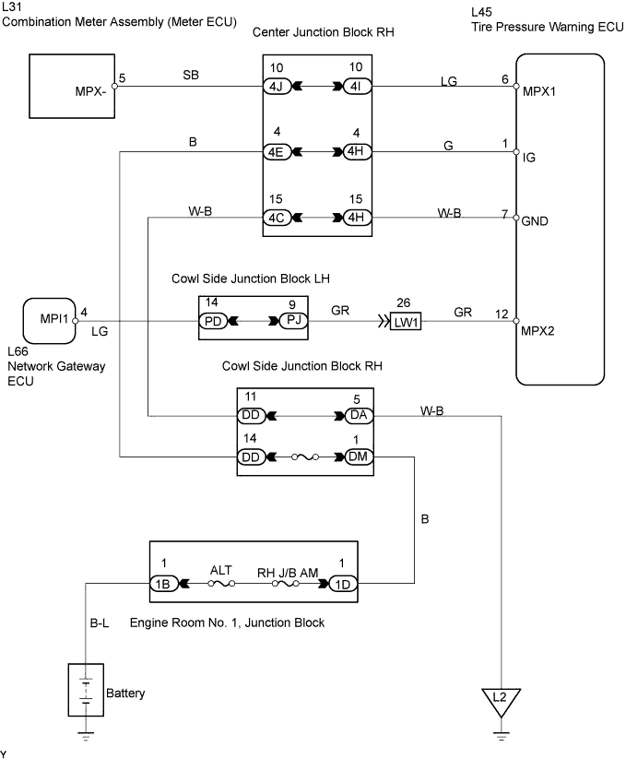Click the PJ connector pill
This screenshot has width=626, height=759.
291,320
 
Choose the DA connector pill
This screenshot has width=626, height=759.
358,416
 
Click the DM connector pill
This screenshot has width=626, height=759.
358,456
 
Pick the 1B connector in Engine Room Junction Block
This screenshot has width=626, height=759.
165,584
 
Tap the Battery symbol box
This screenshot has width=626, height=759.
85,691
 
